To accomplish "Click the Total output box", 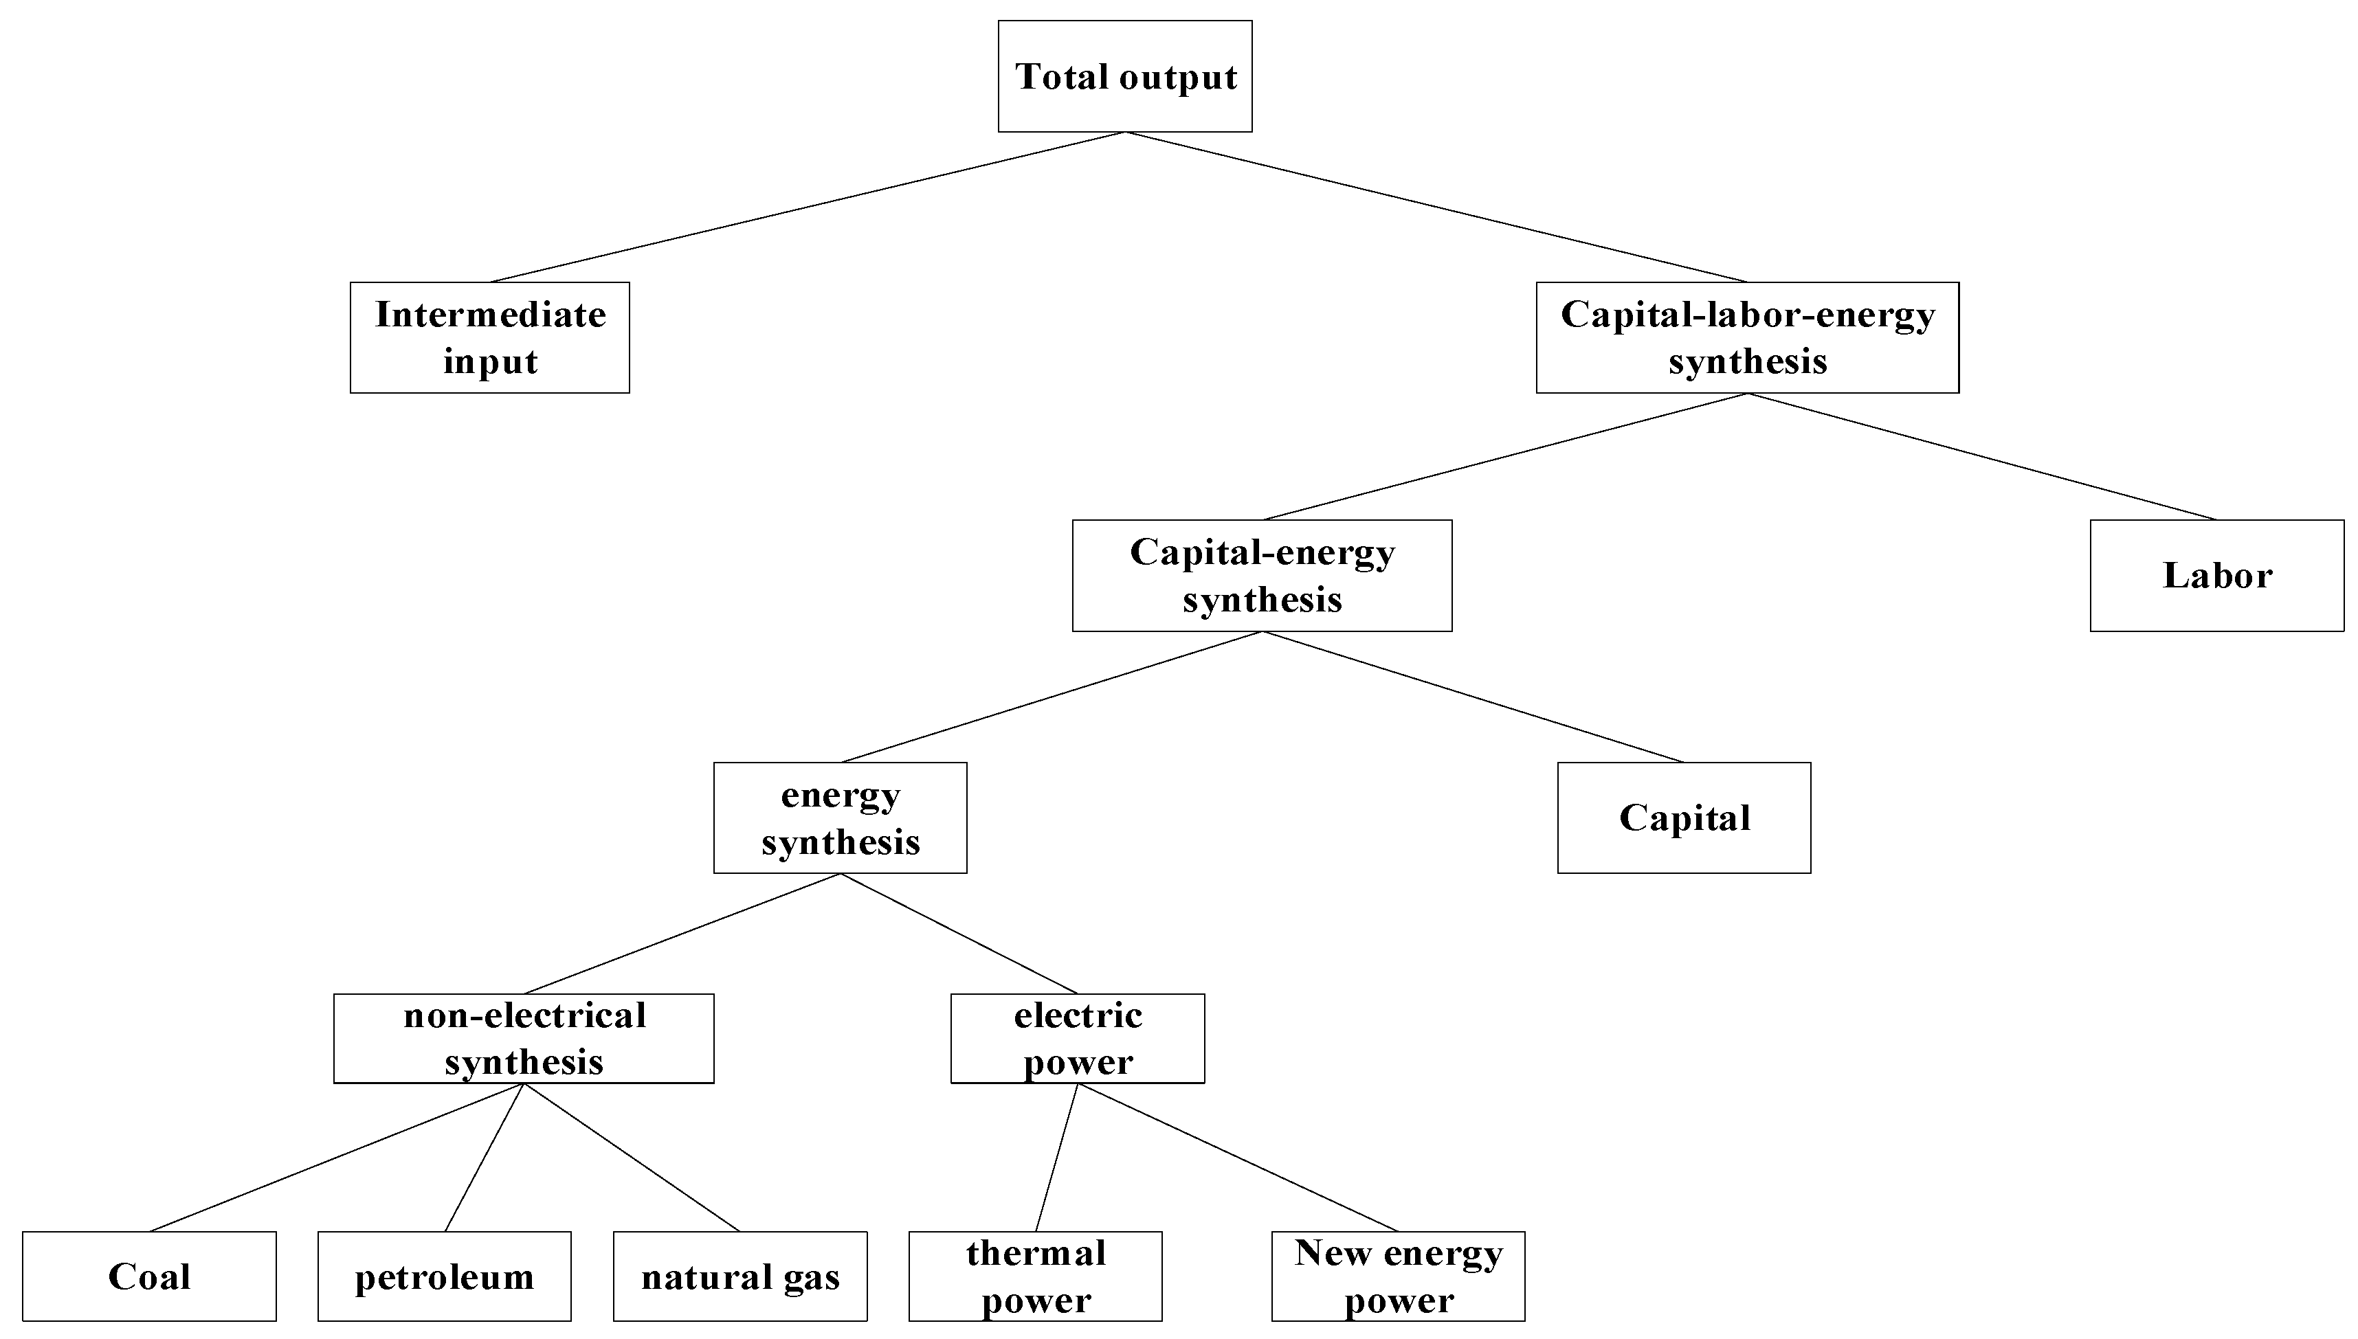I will (x=1125, y=76).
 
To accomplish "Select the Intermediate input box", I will (x=489, y=337).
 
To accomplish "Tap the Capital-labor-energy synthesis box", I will (x=1747, y=337).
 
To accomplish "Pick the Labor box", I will (x=2216, y=576).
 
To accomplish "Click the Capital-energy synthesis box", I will (x=1262, y=576).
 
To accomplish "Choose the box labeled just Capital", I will (x=1684, y=818).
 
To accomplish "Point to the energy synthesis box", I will (x=840, y=818).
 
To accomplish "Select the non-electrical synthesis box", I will (x=523, y=1038).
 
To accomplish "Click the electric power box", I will (x=1077, y=1038).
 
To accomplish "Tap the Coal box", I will (x=149, y=1276).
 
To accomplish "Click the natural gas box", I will (x=740, y=1276).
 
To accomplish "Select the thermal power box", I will (x=1036, y=1276).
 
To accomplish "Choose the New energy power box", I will (x=1398, y=1276).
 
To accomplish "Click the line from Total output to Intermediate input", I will (x=808, y=207).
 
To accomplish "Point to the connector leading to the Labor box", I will (x=1982, y=456).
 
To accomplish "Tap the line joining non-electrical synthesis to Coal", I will (x=337, y=1157).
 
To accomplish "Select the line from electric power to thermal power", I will (x=1057, y=1157).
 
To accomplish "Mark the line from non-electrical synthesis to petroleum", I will (x=484, y=1157).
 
